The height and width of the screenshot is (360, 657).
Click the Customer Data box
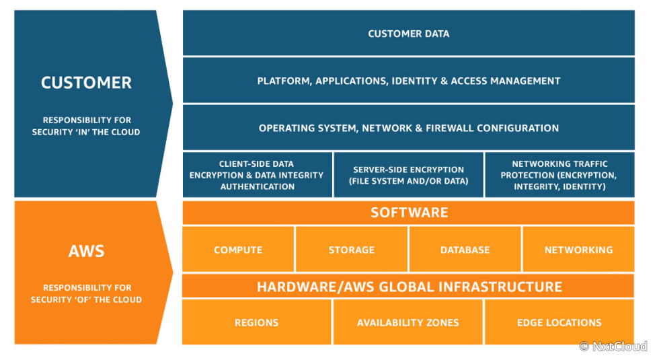click(409, 33)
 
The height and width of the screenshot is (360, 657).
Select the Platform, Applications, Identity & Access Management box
click(409, 81)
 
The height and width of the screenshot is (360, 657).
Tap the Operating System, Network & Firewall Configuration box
click(409, 127)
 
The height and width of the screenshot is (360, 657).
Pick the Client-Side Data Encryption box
click(258, 175)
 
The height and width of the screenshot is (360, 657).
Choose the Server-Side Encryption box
click(409, 175)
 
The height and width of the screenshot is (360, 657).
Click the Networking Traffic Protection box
click(559, 175)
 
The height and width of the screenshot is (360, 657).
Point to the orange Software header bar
click(409, 213)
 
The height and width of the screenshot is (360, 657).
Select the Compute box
click(238, 250)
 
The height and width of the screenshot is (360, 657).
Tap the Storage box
click(352, 250)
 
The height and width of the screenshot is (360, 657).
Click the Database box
click(465, 250)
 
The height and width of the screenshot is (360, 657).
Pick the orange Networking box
click(578, 250)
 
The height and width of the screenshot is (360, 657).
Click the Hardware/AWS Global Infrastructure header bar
click(409, 286)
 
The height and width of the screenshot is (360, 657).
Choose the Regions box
click(257, 322)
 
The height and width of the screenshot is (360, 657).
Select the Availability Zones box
click(408, 322)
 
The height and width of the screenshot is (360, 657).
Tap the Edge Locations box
click(559, 322)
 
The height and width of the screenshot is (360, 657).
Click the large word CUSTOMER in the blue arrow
click(86, 83)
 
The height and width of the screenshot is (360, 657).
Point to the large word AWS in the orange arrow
click(86, 251)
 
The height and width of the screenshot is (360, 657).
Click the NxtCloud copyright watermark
click(613, 346)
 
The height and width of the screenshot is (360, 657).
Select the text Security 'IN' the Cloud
click(86, 132)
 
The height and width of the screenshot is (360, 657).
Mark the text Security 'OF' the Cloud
click(86, 299)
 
